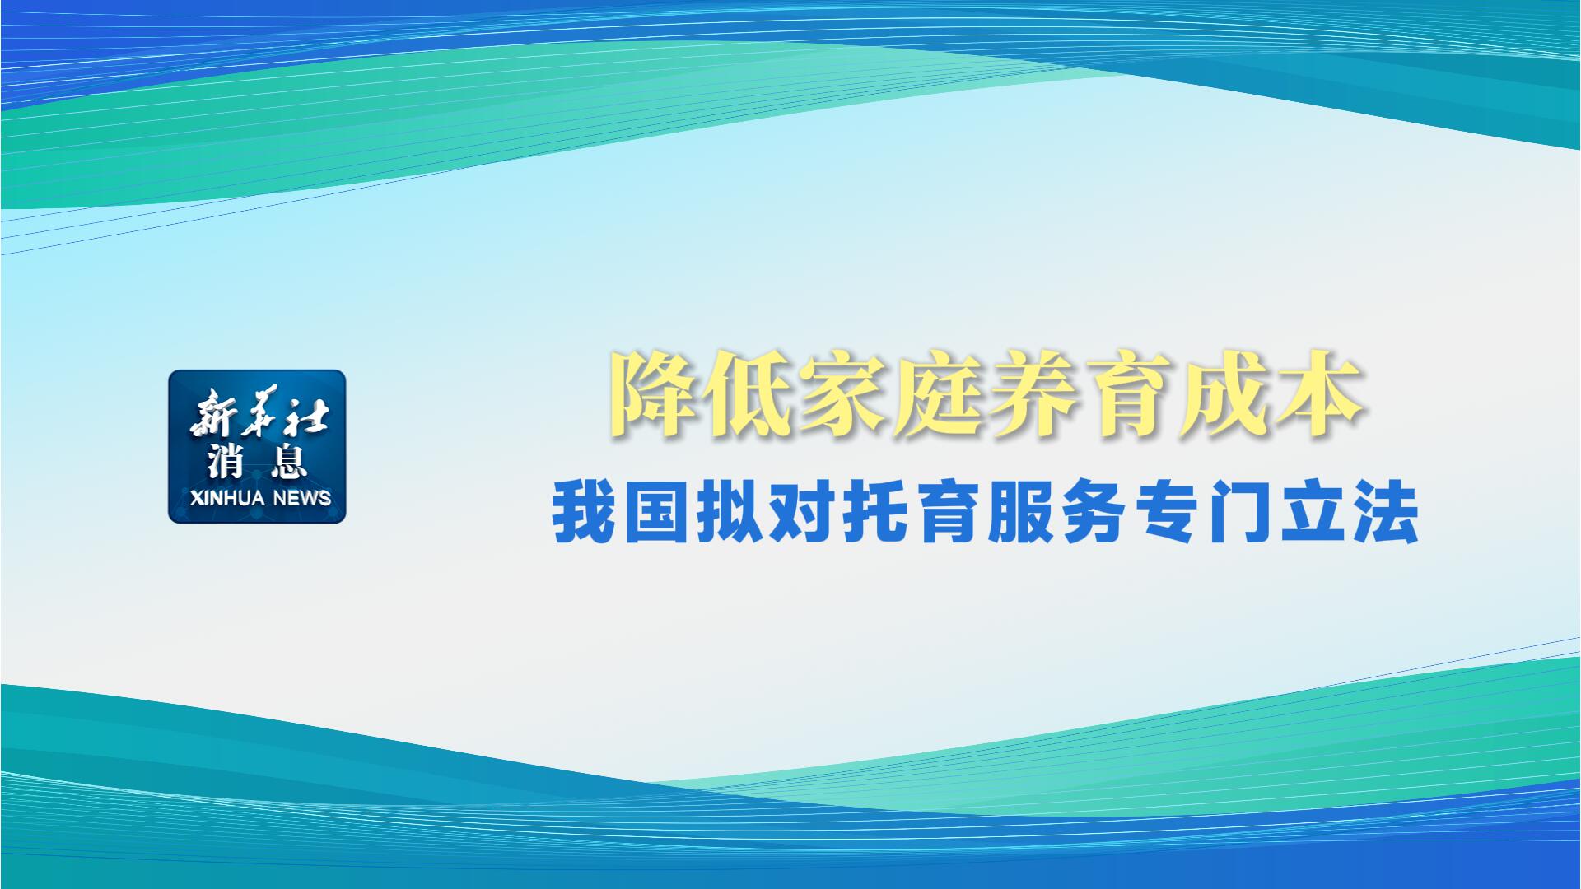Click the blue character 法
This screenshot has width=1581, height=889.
1387,514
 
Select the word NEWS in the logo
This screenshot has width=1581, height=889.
302,498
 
